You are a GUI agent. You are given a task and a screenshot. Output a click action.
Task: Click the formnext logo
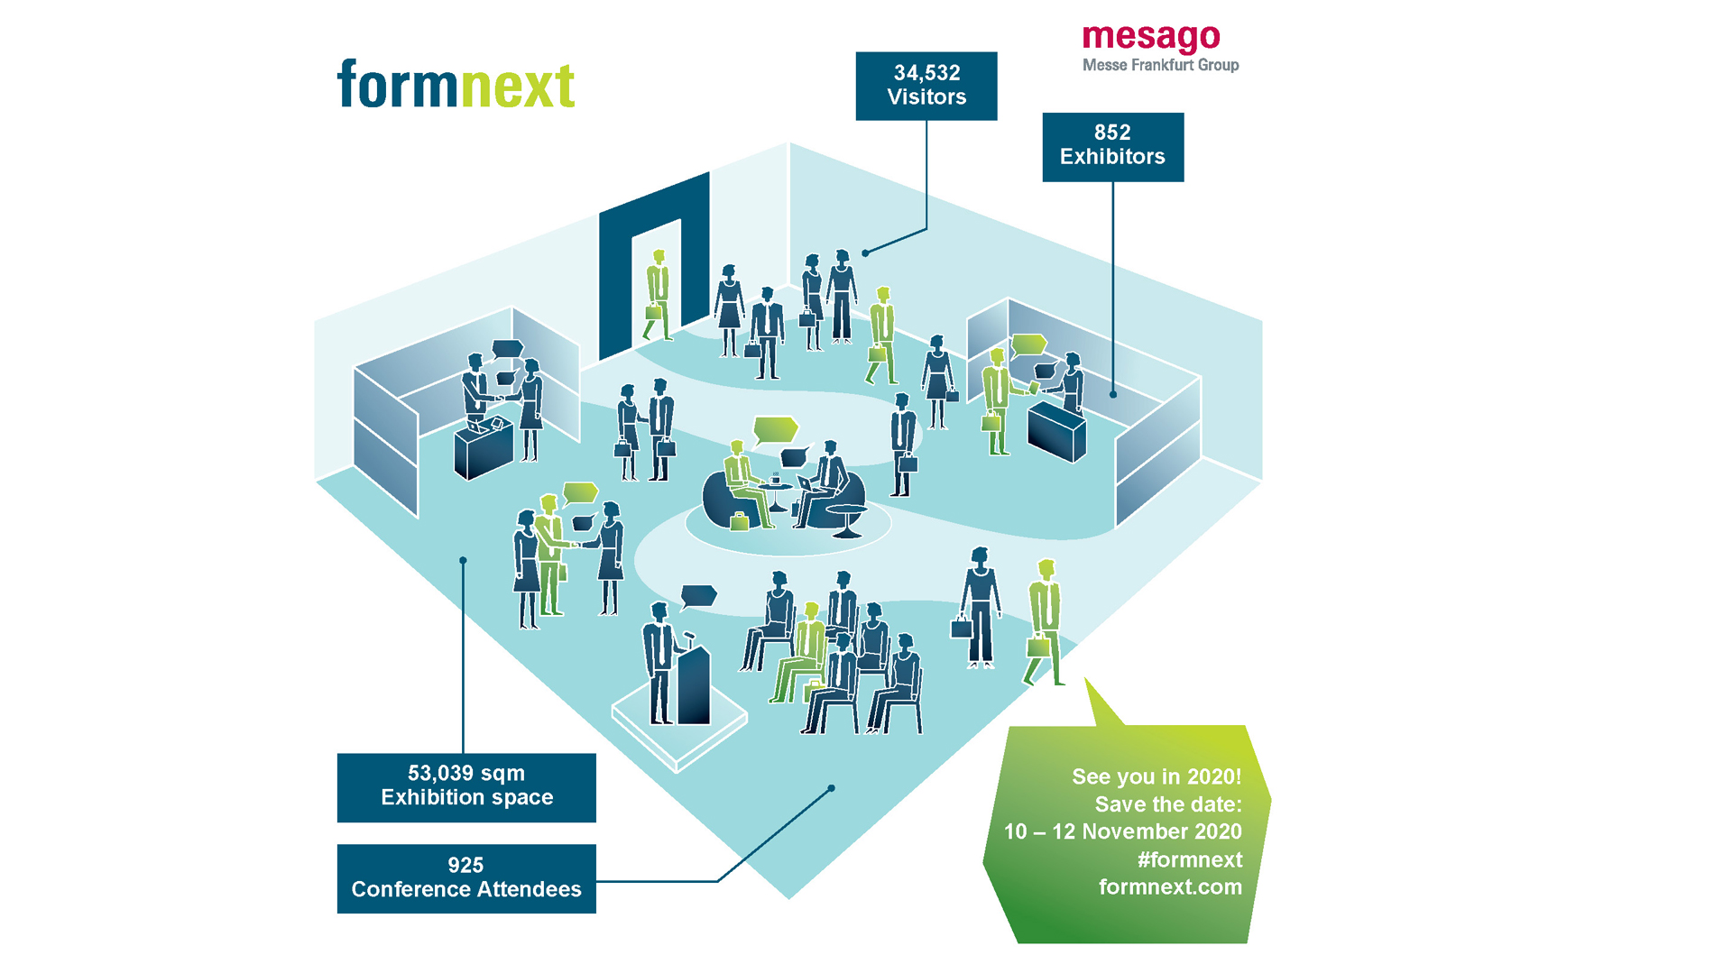coord(456,84)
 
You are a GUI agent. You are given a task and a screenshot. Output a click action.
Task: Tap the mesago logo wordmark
coord(1151,37)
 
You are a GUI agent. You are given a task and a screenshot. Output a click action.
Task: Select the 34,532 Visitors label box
coord(926,86)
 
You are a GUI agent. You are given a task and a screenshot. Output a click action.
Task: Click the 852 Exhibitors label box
coord(1112,147)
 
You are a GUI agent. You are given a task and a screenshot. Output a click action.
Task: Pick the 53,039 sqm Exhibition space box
coord(466,787)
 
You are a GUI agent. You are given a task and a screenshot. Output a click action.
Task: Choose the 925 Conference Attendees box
coord(466,878)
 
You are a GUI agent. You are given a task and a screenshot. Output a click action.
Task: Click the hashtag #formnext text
coord(1189,859)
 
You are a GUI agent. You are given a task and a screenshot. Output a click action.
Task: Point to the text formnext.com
coord(1170,886)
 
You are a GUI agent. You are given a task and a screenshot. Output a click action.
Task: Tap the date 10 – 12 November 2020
coord(1123,831)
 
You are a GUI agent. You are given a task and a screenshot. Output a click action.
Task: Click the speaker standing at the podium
coord(659,663)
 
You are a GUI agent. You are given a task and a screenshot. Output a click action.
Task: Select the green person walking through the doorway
coord(658,295)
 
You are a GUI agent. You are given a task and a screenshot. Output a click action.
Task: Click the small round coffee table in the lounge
coord(776,496)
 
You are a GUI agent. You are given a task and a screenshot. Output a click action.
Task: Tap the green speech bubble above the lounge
coord(775,429)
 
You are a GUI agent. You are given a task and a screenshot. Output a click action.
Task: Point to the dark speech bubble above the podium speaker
coord(698,596)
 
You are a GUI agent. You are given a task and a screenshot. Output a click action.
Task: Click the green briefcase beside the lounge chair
coord(740,521)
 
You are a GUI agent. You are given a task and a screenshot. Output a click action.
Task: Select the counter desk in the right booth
coord(1056,430)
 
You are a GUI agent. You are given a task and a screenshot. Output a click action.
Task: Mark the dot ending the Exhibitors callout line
coord(1113,395)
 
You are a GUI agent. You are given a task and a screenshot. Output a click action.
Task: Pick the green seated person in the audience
coord(802,651)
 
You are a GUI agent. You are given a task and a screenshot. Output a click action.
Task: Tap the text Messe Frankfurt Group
coord(1160,65)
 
